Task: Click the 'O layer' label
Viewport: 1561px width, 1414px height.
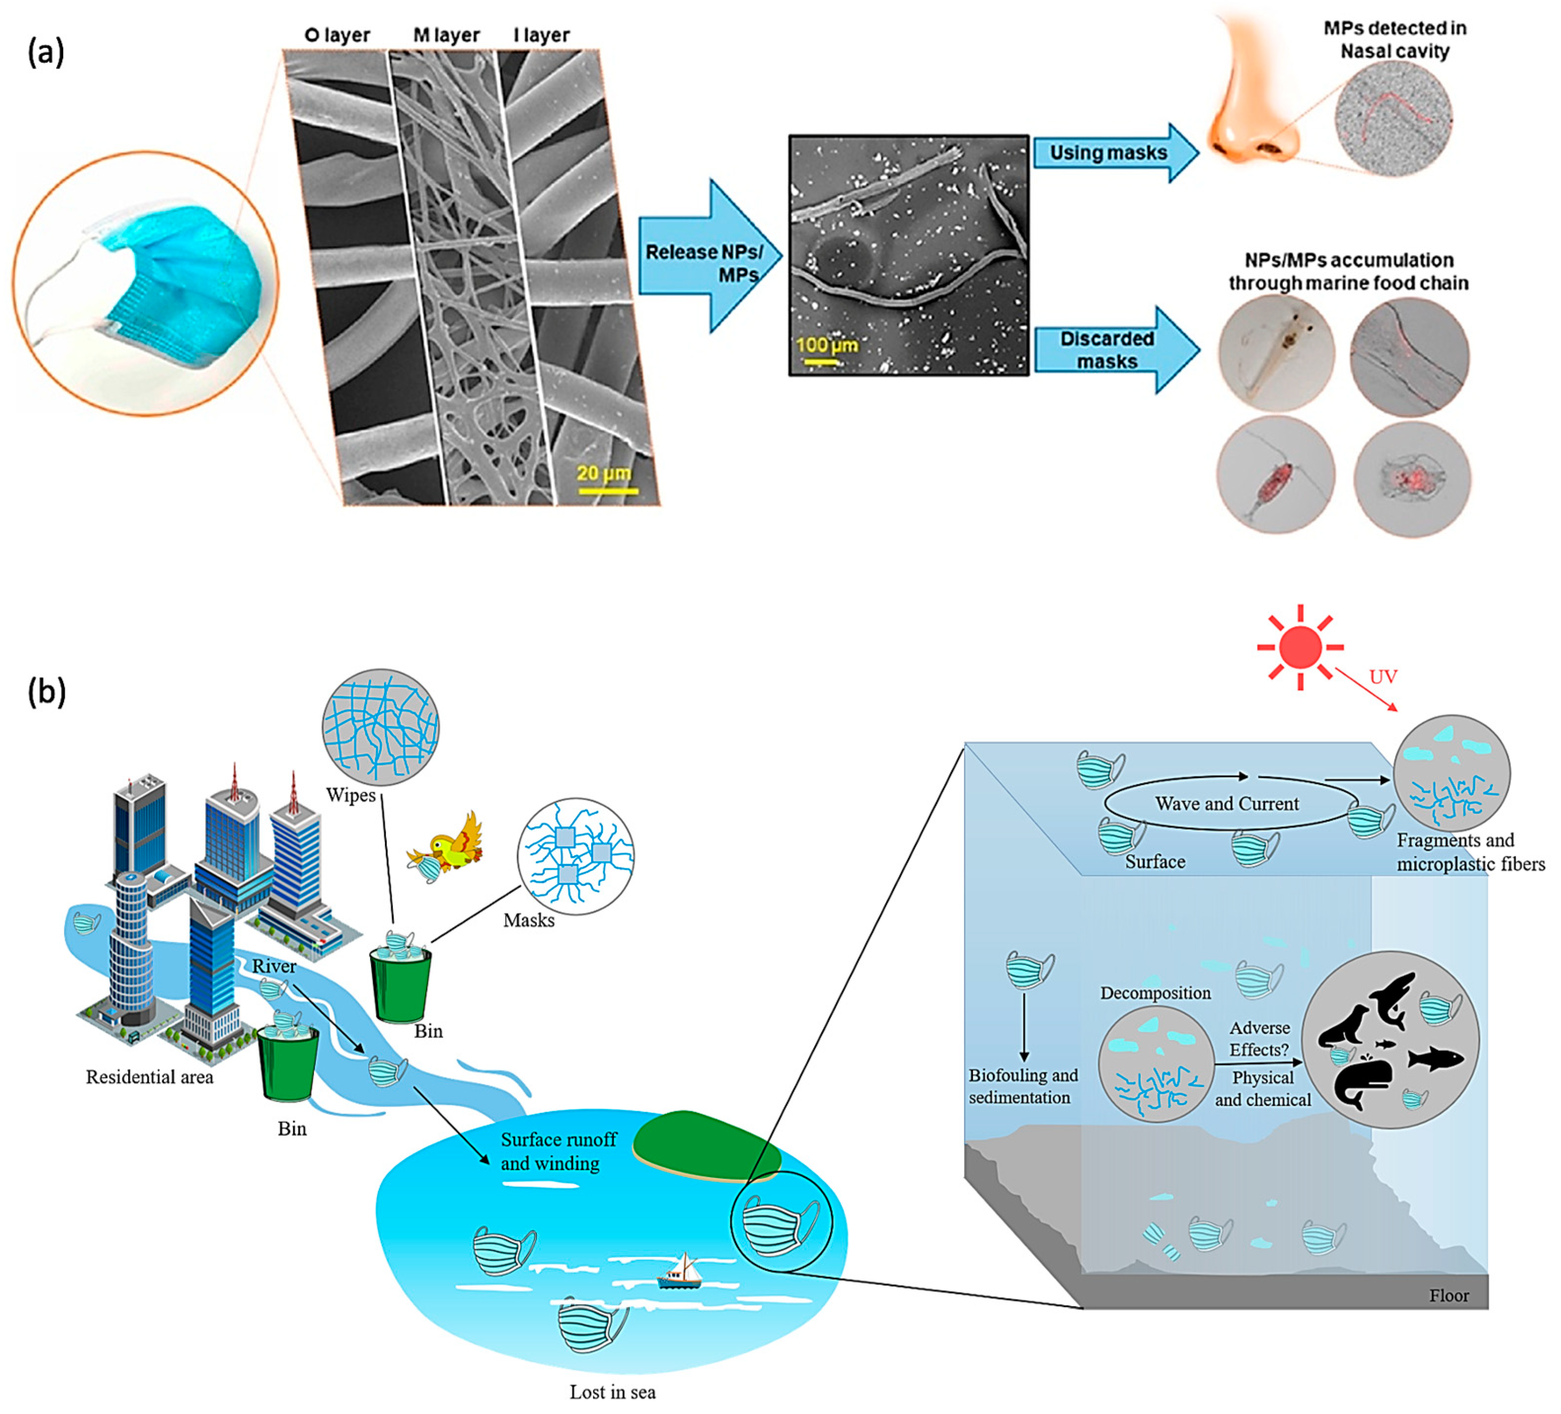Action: tap(337, 36)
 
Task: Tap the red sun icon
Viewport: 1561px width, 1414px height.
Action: tap(1300, 647)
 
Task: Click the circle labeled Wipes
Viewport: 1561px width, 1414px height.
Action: tap(380, 726)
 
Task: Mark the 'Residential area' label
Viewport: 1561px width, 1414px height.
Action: tap(149, 1077)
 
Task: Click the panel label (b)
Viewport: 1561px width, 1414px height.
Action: tap(46, 692)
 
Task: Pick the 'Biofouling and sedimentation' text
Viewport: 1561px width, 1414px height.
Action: tap(1022, 1086)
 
